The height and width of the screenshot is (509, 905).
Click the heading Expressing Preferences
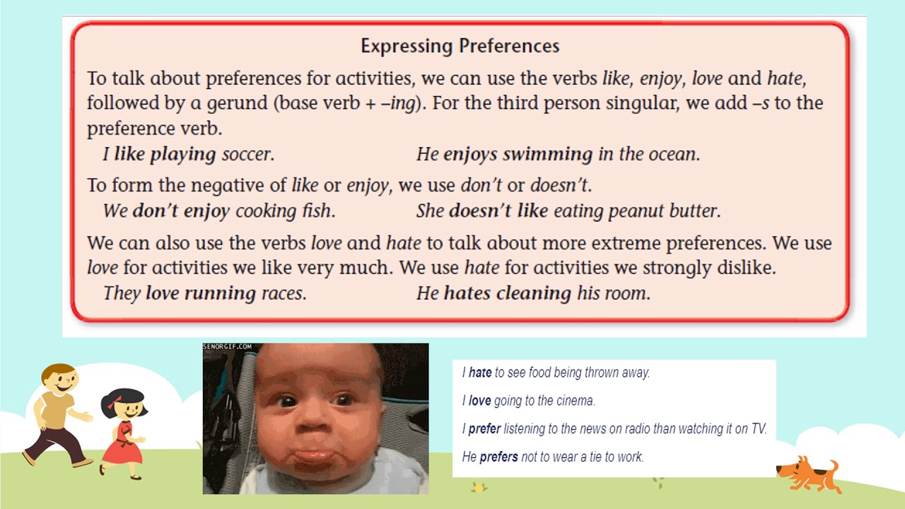[x=460, y=47]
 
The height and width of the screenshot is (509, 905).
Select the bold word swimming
[x=548, y=154]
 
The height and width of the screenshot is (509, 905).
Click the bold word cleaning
[x=534, y=293]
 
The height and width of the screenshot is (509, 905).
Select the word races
[x=283, y=293]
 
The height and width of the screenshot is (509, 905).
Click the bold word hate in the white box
[x=480, y=373]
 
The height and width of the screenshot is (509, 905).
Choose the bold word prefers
[x=498, y=457]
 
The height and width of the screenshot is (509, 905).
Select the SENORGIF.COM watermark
[x=227, y=346]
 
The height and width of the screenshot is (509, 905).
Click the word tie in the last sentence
[x=590, y=457]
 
